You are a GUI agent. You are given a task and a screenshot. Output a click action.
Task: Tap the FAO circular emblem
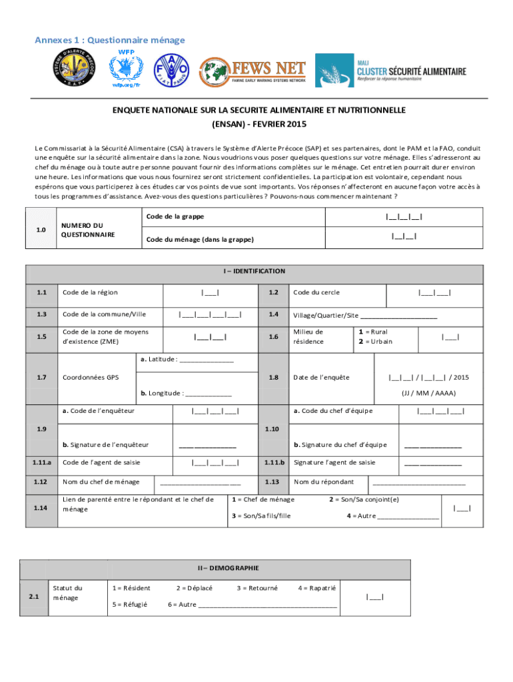click(x=171, y=69)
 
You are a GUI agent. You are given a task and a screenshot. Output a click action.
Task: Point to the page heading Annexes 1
click(x=109, y=41)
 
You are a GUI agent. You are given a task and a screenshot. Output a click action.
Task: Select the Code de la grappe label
click(x=175, y=216)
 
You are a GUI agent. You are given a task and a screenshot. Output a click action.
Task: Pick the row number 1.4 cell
click(x=273, y=314)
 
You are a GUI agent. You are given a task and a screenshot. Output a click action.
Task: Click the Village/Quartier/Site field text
click(x=364, y=316)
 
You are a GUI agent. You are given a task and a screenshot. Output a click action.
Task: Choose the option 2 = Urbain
click(x=375, y=342)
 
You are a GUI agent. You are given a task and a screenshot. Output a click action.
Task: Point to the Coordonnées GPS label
click(x=91, y=377)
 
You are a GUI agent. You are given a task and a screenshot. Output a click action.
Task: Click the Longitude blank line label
click(x=186, y=393)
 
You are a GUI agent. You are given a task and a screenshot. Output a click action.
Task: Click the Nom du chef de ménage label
click(x=101, y=482)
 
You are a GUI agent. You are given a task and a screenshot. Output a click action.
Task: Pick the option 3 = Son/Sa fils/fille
click(x=260, y=515)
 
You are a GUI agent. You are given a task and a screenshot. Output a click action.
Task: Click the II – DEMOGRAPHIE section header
click(x=228, y=568)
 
